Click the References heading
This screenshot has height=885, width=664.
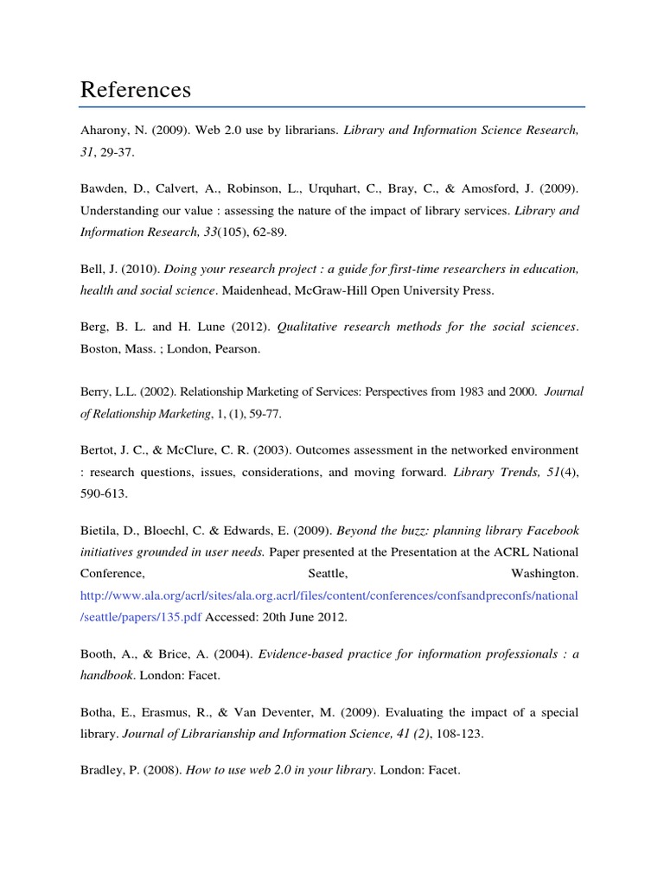pos(136,90)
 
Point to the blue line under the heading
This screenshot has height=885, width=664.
pos(332,107)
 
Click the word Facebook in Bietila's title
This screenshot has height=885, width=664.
pos(549,530)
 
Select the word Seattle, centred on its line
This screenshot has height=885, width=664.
pos(329,573)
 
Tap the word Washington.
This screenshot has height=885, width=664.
pos(543,573)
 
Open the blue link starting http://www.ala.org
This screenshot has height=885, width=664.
pos(329,595)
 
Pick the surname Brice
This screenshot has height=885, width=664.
pos(177,654)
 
